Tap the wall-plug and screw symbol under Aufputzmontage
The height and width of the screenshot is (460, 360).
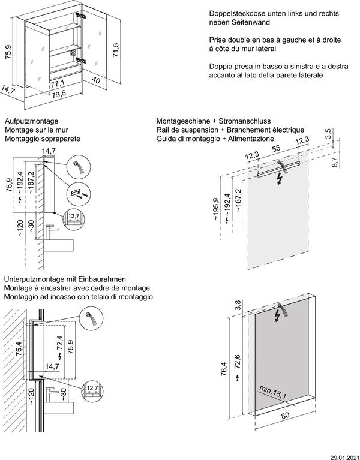pos(76,193)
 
